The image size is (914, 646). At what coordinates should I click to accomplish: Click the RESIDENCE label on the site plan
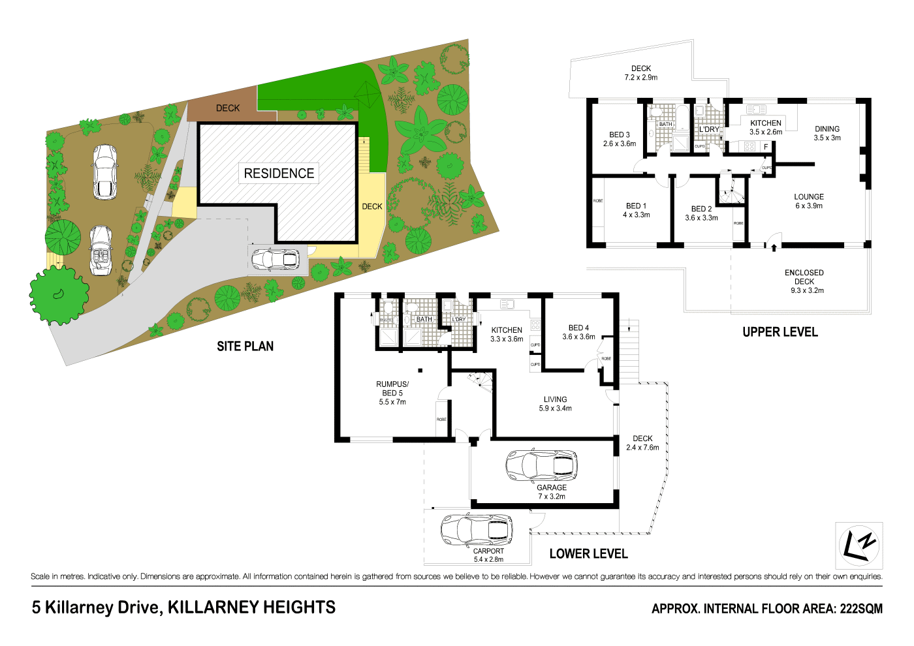(279, 174)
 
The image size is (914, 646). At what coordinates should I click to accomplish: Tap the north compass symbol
(859, 546)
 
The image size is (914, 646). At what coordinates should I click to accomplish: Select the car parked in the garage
(541, 465)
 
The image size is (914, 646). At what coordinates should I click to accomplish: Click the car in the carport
(476, 529)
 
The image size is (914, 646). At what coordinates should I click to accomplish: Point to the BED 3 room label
(619, 139)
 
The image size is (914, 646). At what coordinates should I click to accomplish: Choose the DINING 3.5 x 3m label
(827, 133)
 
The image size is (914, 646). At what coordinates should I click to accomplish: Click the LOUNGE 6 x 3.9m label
(808, 201)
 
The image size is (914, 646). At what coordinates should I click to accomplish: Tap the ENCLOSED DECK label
(804, 281)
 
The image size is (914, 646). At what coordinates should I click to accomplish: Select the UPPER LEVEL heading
(780, 332)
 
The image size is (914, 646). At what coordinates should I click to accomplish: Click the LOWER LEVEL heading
(588, 554)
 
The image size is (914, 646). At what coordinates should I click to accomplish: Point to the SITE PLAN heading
(245, 346)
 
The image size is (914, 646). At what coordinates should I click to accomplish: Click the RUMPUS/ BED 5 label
(392, 393)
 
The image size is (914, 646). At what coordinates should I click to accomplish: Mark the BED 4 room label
(578, 332)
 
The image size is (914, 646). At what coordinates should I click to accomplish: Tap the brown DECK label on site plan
(228, 108)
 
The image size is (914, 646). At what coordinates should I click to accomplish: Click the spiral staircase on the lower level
(479, 381)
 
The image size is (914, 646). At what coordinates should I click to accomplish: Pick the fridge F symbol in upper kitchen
(766, 147)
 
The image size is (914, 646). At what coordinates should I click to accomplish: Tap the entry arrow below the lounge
(774, 247)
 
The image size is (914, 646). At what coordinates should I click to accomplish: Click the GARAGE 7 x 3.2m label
(552, 492)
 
